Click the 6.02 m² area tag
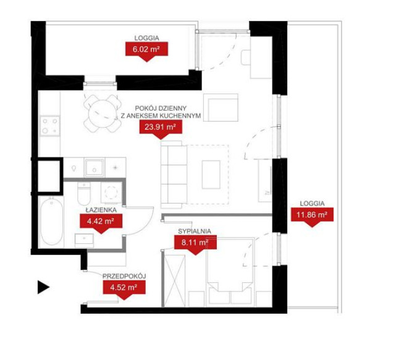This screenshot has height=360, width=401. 146,49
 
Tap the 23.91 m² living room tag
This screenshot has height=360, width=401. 161,127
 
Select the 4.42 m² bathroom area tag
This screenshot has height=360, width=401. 101,221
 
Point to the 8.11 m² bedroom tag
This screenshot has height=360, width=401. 195,243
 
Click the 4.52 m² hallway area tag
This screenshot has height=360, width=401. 124,288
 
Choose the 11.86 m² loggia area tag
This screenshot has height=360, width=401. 312,215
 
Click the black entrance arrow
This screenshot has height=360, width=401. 43,287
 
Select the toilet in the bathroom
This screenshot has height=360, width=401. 84,193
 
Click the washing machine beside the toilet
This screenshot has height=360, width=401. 111,193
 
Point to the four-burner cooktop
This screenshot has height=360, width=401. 50,126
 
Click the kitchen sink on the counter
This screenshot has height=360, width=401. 95,168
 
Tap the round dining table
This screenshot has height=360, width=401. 103,113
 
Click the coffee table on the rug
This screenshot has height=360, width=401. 211,175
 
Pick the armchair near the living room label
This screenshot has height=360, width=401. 221,107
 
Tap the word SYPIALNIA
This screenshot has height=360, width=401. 195,231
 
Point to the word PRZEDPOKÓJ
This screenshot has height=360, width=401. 124,276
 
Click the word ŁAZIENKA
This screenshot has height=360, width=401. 101,210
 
